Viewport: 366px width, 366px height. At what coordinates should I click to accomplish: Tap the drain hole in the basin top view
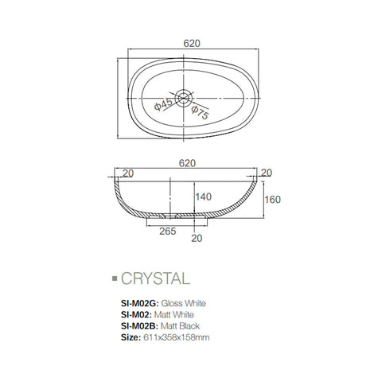click(x=185, y=99)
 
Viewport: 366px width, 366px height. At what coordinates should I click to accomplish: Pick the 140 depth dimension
click(x=203, y=196)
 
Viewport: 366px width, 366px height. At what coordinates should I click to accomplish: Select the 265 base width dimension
click(x=168, y=232)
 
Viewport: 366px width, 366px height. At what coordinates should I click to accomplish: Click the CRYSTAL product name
click(x=155, y=278)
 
